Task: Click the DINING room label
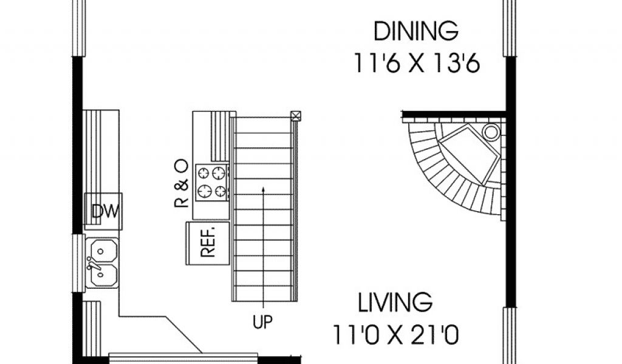416,32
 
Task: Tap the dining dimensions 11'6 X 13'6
417,63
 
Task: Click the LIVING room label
395,303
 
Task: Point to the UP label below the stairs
262,322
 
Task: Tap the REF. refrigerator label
208,242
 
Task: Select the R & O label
181,183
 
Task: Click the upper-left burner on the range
203,173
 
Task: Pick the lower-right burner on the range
220,191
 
